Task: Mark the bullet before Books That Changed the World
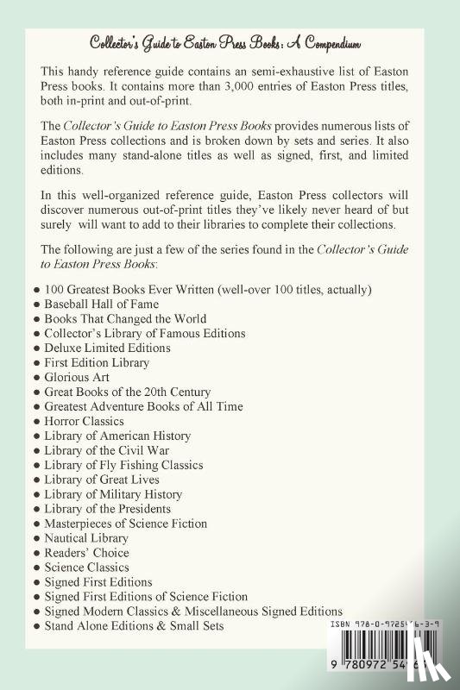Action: pyautogui.click(x=35, y=317)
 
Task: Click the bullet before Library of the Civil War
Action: pyautogui.click(x=35, y=450)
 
